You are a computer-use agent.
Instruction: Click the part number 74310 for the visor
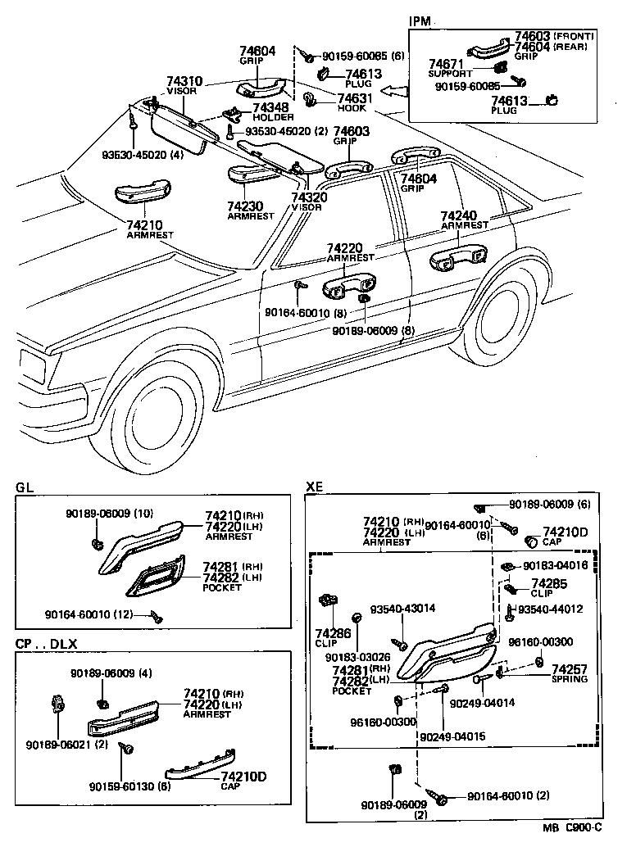pyautogui.click(x=184, y=83)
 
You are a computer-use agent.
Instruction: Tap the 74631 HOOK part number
pyautogui.click(x=352, y=99)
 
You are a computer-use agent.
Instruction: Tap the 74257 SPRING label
pyautogui.click(x=569, y=669)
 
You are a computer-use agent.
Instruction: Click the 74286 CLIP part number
pyautogui.click(x=333, y=633)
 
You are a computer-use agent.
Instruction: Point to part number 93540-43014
pyautogui.click(x=402, y=609)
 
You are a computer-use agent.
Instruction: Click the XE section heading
pyautogui.click(x=314, y=487)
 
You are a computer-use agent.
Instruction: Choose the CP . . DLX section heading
pyautogui.click(x=46, y=643)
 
